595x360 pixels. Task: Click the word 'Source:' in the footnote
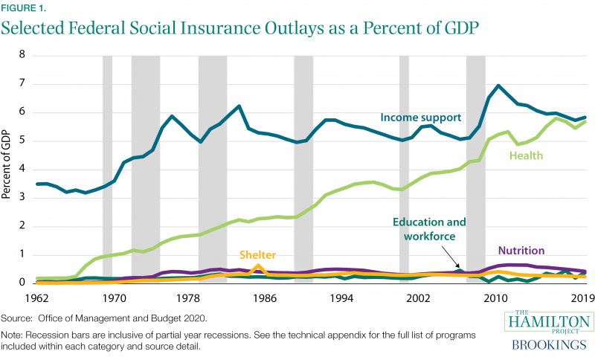pyautogui.click(x=17, y=318)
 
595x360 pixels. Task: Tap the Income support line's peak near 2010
pyautogui.click(x=498, y=86)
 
